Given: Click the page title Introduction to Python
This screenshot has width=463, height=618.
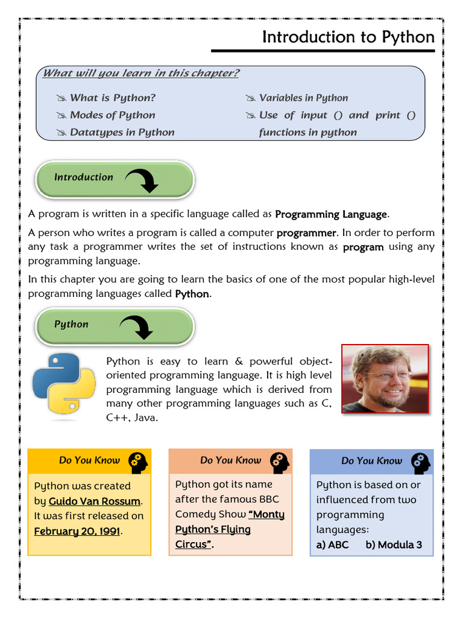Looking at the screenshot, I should (348, 37).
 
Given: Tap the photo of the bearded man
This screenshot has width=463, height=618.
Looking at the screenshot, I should (385, 379).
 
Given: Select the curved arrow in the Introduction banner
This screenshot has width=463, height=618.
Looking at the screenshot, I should (142, 179).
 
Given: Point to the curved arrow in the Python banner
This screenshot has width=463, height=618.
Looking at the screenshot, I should (137, 327).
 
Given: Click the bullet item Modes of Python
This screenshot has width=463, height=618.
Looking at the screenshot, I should (112, 115).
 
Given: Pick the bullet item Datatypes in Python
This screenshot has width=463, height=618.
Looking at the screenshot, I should (122, 132).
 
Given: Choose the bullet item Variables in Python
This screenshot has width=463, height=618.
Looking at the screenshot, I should (303, 98).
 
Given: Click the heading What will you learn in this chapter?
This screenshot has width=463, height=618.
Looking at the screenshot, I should (141, 74).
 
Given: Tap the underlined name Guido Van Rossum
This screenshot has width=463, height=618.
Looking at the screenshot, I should (95, 501).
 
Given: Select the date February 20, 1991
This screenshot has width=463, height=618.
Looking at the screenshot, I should (77, 531).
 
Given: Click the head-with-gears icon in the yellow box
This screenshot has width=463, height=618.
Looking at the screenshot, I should (138, 462).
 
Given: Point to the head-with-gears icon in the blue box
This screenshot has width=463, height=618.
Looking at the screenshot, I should (421, 462).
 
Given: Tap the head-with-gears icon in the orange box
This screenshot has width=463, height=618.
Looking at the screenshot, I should (280, 462).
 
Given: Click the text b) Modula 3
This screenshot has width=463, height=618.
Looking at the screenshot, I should (394, 544).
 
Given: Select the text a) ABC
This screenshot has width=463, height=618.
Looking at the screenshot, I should (332, 544).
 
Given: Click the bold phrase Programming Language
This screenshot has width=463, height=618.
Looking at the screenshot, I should (331, 214).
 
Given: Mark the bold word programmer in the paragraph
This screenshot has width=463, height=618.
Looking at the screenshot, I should (306, 233).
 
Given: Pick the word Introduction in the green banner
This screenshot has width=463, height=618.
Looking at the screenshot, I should (83, 177).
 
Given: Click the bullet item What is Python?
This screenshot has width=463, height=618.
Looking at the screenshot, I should (112, 98).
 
